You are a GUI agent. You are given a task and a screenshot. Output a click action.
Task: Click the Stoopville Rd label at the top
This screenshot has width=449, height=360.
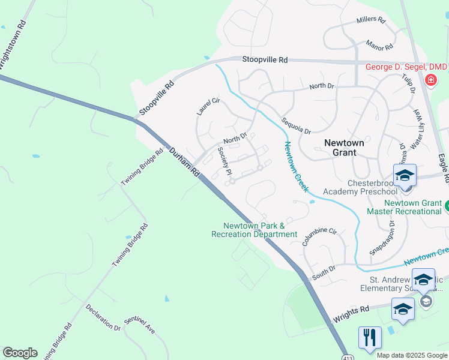[265, 60]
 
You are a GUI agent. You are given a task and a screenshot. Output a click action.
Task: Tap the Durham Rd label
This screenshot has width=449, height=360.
[184, 162]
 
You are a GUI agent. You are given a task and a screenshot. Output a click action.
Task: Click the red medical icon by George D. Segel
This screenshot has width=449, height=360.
[430, 80]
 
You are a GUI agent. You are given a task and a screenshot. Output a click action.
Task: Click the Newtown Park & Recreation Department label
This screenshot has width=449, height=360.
[254, 230]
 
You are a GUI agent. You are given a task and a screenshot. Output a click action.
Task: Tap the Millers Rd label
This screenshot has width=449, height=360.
[370, 20]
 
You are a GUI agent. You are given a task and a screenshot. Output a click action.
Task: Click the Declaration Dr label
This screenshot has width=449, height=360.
[103, 317]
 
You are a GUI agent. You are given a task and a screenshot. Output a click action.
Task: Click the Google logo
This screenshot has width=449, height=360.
[20, 352]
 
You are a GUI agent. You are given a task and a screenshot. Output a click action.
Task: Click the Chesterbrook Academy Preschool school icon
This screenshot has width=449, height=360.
[405, 175]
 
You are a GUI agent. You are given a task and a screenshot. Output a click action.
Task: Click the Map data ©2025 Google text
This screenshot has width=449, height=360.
[412, 355]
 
